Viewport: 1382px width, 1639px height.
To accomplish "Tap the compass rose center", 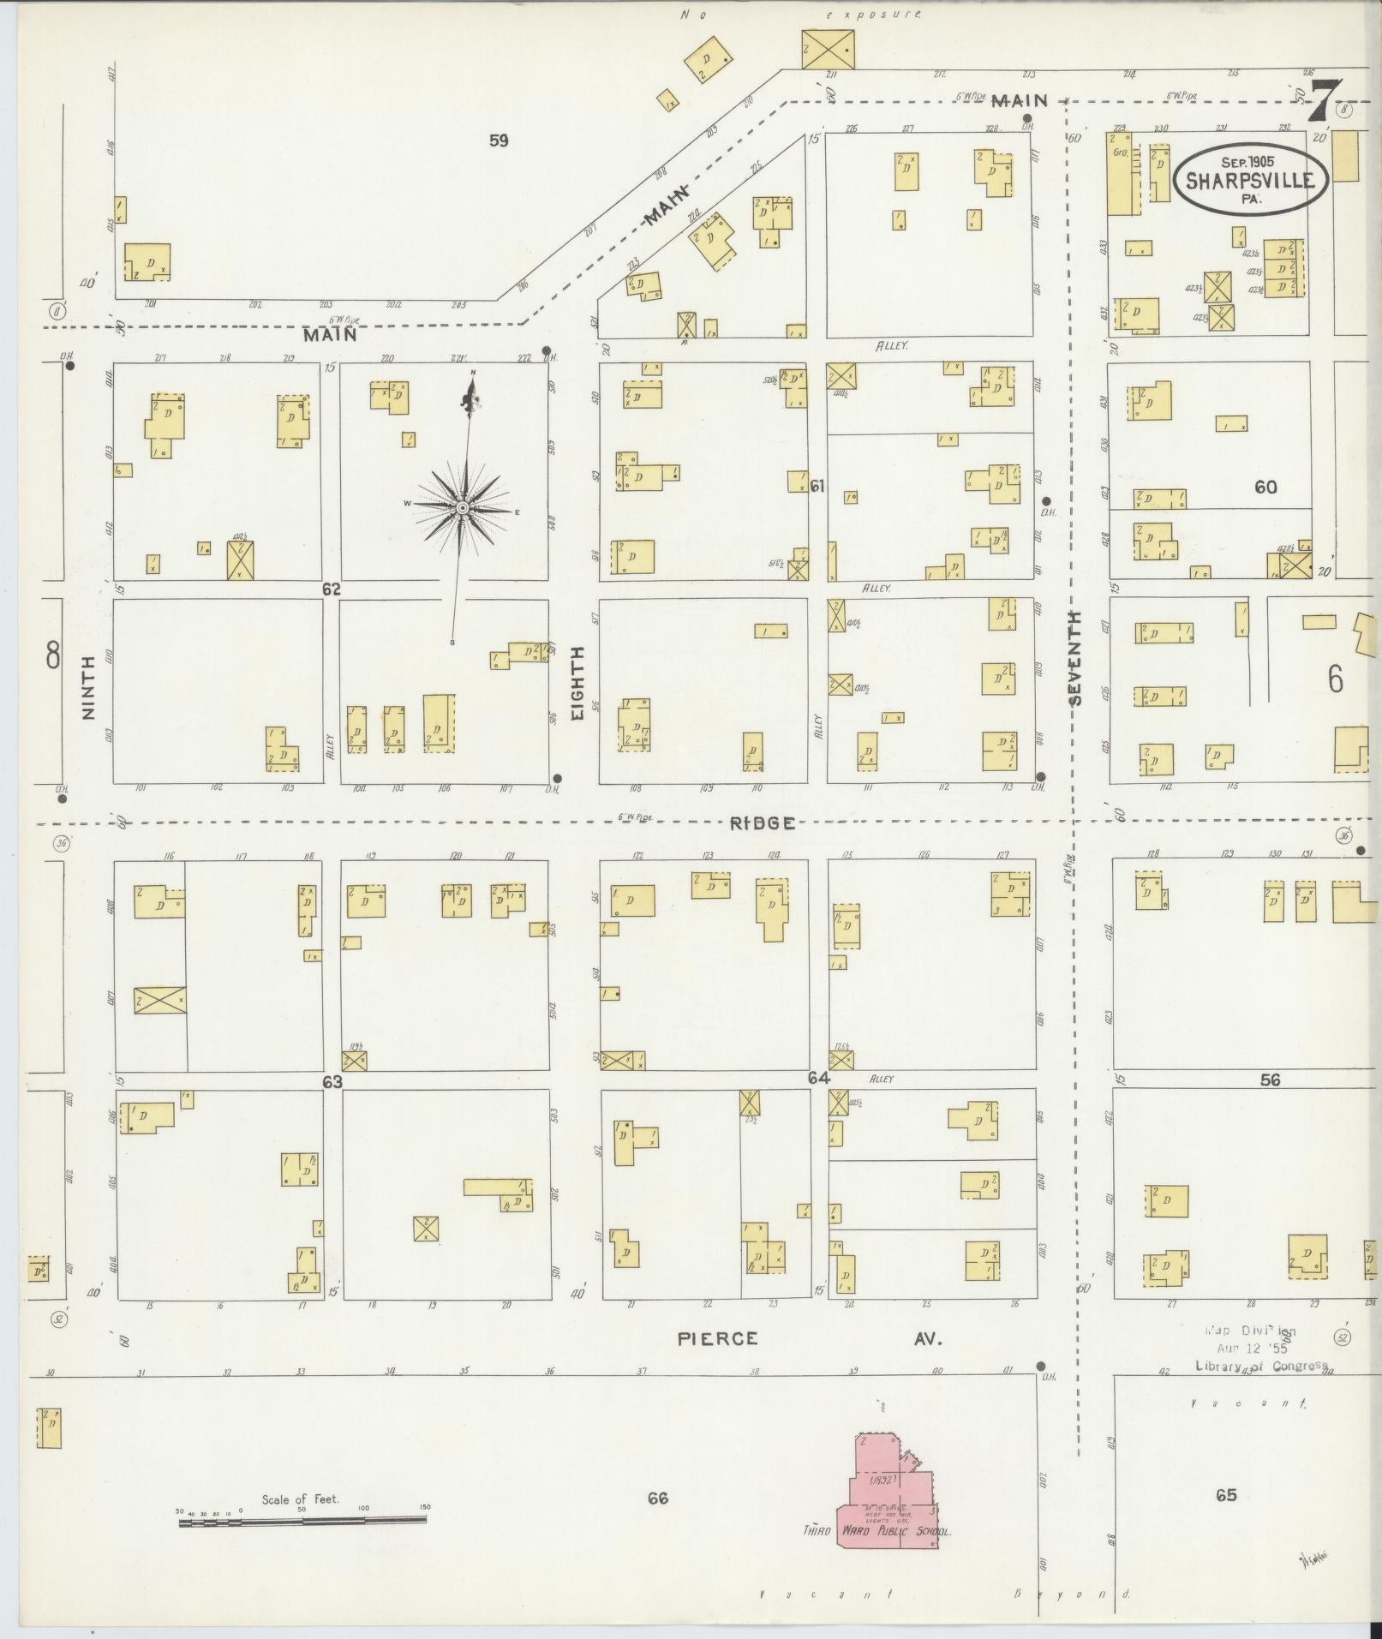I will tap(463, 508).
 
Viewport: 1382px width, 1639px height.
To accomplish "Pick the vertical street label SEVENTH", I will tap(1075, 658).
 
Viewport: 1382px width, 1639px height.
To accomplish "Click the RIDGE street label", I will tap(762, 823).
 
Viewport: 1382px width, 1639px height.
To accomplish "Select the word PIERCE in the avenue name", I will tap(718, 1338).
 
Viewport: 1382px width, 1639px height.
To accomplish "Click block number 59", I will tap(498, 141).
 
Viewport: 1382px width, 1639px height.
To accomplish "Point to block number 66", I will tap(657, 1498).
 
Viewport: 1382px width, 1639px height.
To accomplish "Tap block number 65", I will tap(1226, 1495).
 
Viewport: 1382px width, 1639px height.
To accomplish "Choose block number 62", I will tap(332, 589).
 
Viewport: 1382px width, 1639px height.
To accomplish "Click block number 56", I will tap(1270, 1080).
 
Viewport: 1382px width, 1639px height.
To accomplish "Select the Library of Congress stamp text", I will tap(1260, 1366).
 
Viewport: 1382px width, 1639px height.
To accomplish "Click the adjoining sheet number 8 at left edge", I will tap(53, 656).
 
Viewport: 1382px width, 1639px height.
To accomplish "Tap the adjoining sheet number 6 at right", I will tap(1335, 679).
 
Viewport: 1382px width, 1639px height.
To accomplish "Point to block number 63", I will tap(332, 1082).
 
